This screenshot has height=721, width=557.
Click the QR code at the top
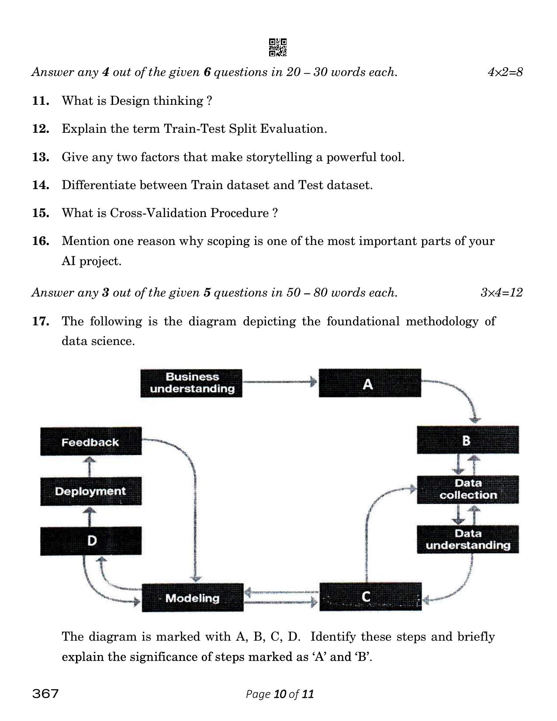pyautogui.click(x=278, y=48)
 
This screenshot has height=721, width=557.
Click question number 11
pyautogui.click(x=40, y=101)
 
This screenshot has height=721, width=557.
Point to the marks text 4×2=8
pyautogui.click(x=505, y=72)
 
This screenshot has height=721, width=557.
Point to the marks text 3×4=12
pyautogui.click(x=501, y=293)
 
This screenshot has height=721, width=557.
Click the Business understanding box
pyautogui.click(x=191, y=383)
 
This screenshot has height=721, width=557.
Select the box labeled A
pyautogui.click(x=370, y=383)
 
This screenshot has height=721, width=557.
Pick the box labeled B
pyautogui.click(x=467, y=440)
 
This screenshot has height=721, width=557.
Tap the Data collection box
pyautogui.click(x=467, y=490)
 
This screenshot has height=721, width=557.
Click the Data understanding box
pyautogui.click(x=467, y=539)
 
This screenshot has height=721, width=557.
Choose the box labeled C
pyautogui.click(x=370, y=597)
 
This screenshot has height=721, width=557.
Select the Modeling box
pyautogui.click(x=192, y=598)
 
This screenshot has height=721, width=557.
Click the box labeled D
pyautogui.click(x=91, y=541)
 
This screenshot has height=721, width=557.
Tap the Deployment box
pyautogui.click(x=91, y=491)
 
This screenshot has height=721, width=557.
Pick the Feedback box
pyautogui.click(x=91, y=442)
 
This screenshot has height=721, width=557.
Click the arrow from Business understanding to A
pyautogui.click(x=280, y=382)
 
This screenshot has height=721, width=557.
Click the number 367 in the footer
pyautogui.click(x=45, y=693)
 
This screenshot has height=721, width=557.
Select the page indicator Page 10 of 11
pyautogui.click(x=280, y=694)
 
